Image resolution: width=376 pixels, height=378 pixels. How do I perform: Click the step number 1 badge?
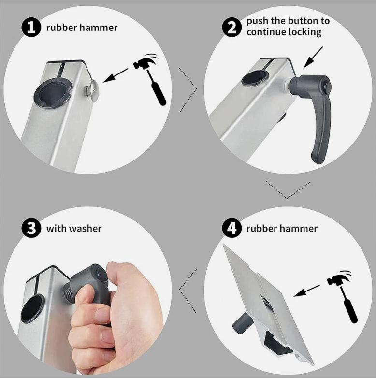(x=31, y=28)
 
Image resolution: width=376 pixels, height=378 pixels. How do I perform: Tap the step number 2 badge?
(x=231, y=28)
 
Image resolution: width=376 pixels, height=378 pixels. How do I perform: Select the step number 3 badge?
(x=31, y=228)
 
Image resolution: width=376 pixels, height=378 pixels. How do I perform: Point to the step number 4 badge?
(x=231, y=228)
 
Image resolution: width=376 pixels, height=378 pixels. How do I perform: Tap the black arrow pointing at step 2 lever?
(x=313, y=58)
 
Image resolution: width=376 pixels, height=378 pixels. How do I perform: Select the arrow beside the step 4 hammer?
(x=306, y=291)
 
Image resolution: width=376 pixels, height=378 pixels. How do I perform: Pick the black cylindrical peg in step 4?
(x=242, y=323)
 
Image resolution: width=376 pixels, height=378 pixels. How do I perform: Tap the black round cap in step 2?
(x=255, y=77)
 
